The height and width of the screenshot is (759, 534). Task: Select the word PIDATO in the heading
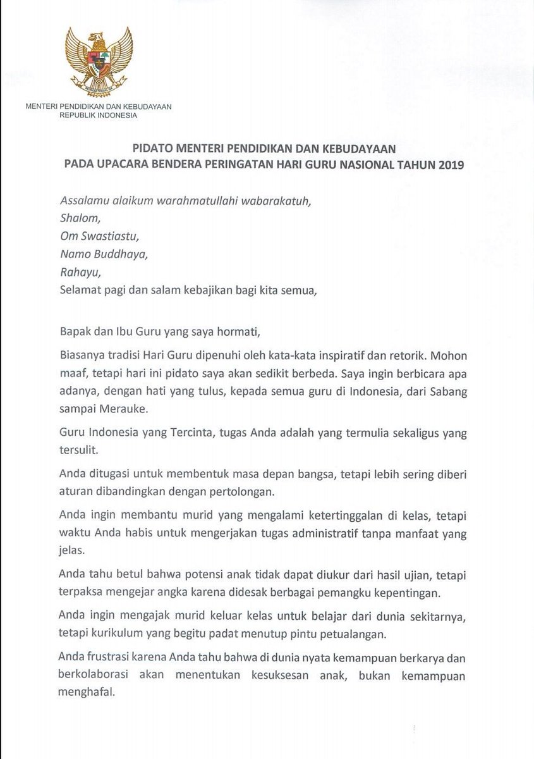click(154, 149)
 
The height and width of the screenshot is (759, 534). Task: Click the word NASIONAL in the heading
click(363, 166)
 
